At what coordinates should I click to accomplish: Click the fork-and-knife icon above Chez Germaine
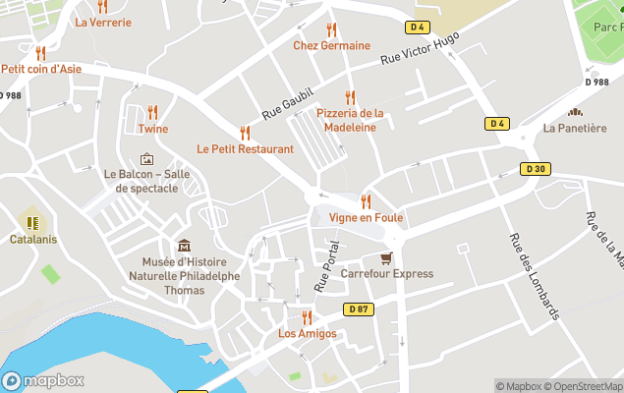point(331,29)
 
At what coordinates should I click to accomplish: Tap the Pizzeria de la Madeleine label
point(350,120)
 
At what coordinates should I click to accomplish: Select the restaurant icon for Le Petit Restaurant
point(245,133)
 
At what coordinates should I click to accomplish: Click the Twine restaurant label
point(152,129)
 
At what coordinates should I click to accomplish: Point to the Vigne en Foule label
point(366,217)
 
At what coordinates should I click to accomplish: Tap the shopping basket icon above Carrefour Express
point(386,257)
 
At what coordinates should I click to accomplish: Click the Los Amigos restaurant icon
point(307,316)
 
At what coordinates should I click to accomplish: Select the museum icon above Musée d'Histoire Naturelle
point(183,246)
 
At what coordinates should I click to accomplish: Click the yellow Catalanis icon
point(32,223)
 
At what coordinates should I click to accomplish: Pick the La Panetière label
point(575,128)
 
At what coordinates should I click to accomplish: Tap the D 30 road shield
point(535,169)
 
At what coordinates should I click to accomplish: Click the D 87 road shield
point(359,309)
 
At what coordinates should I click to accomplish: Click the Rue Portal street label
point(325,265)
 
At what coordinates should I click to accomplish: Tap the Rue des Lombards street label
point(534,275)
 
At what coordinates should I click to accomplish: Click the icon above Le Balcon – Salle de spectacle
point(147,158)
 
